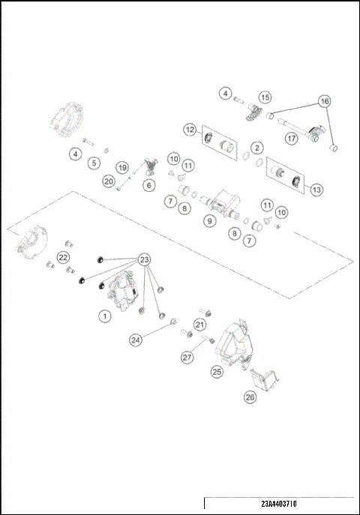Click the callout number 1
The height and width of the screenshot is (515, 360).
106,316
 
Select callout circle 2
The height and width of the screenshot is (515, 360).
257,148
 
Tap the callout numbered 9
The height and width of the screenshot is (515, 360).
209,222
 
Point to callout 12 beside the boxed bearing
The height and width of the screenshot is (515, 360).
190,130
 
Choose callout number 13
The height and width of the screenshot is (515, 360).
316,190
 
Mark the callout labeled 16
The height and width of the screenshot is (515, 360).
324,100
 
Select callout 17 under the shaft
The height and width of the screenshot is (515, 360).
291,138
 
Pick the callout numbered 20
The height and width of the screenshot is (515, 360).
109,181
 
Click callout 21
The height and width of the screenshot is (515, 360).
199,324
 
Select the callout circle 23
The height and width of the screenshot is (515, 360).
145,259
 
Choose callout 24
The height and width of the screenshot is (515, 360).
136,340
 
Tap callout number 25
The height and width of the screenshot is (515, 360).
217,370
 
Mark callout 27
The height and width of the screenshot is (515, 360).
187,358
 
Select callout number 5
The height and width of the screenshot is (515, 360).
94,161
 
